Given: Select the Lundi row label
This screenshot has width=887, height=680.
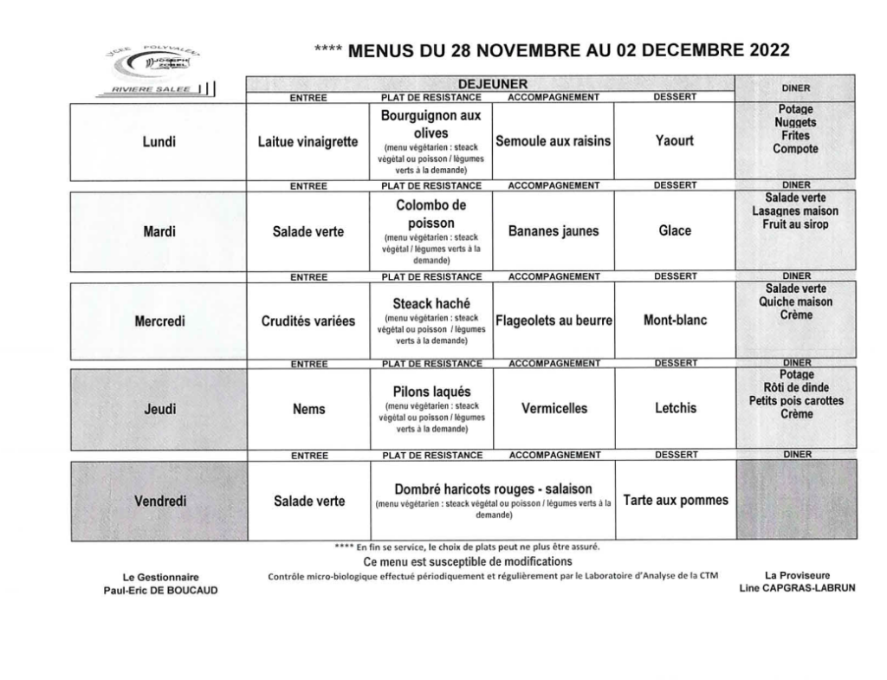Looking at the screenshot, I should coord(159,142).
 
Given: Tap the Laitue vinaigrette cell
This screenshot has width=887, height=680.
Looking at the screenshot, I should coord(308,142).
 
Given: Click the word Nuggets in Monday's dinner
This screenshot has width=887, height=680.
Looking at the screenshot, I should coord(795,123).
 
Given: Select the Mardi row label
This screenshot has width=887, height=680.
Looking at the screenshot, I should coord(159,231).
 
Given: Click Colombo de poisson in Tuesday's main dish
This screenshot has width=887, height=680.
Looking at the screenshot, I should coord(431,214).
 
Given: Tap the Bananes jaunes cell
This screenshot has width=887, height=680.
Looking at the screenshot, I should coord(553,231).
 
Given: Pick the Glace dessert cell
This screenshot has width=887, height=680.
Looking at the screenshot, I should coord(675,231).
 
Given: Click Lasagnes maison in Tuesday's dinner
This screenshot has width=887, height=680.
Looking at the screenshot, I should coord(796,211).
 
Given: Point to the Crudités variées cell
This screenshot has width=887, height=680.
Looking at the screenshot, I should coord(308,321).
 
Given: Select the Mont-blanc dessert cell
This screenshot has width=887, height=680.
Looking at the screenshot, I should coord(675,321).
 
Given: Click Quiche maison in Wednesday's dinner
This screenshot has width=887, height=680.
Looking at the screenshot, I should coord(796,301).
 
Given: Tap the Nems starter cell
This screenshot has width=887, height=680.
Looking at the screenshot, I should coord(308,409).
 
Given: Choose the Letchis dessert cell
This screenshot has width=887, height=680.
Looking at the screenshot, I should coord(675,408).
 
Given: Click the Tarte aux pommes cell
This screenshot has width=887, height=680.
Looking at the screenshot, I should coord(676,501).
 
